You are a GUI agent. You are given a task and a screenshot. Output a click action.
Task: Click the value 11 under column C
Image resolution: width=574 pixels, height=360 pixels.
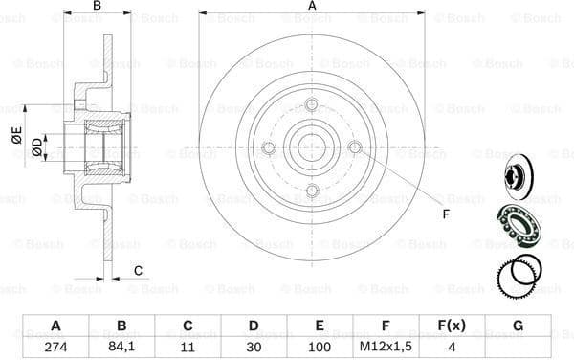point(188,347)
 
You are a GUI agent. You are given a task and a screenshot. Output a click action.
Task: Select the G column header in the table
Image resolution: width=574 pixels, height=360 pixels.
point(518,326)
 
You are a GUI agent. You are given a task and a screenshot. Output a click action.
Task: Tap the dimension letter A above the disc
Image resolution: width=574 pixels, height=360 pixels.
point(312,7)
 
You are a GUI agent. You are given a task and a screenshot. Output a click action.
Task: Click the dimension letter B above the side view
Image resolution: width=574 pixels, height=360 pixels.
point(96,7)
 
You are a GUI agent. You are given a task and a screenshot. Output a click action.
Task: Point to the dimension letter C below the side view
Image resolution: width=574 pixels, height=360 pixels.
point(138,269)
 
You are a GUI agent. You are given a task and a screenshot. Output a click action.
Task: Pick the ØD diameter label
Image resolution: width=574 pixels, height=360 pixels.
point(35,146)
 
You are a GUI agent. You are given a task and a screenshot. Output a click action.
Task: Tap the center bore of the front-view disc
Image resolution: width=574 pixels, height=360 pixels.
point(312,146)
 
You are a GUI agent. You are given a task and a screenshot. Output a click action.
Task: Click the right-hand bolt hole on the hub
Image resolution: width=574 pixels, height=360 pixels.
point(355,146)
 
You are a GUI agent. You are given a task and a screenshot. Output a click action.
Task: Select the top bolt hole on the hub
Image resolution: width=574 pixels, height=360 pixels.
point(312,104)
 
